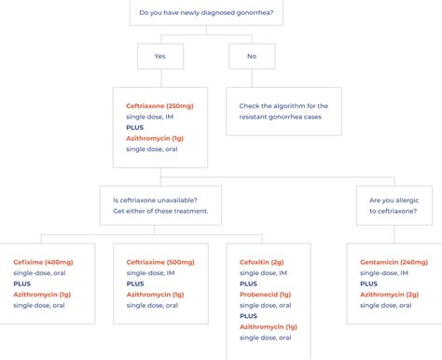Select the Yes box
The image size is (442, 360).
click(161, 56)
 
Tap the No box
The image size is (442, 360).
click(252, 56)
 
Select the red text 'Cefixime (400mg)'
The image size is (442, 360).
click(43, 262)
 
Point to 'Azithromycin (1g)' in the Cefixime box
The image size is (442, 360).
click(42, 295)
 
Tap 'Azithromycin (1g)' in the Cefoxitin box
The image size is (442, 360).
click(269, 327)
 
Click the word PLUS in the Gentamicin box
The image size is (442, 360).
click(369, 284)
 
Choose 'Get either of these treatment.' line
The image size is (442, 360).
click(159, 210)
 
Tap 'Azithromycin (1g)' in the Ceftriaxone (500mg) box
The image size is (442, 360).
click(155, 295)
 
